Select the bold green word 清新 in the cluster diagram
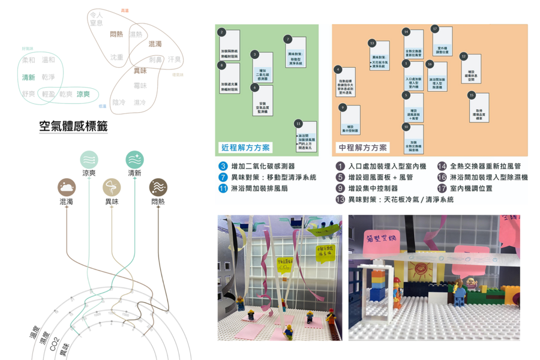[x=28, y=77]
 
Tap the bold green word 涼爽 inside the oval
[x=83, y=94]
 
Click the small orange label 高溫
[x=124, y=11]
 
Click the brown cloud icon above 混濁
[x=67, y=187]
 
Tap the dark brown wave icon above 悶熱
[x=158, y=187]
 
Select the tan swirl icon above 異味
[x=112, y=187]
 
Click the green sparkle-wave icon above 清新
[x=134, y=159]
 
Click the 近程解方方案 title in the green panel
[x=245, y=148]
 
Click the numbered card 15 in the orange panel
[x=479, y=107]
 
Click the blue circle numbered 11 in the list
[x=222, y=188]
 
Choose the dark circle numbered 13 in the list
[x=340, y=199]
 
